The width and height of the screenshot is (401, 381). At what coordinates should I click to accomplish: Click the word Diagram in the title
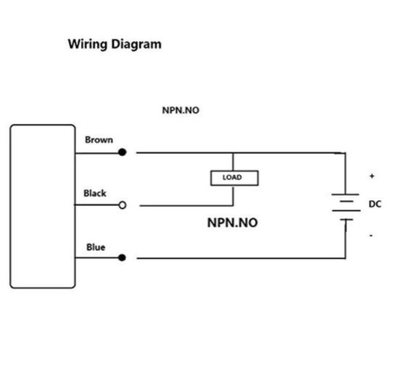(x=136, y=44)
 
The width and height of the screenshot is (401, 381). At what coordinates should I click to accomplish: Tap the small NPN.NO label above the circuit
(x=180, y=111)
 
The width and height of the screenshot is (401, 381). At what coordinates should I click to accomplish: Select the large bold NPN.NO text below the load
(x=232, y=223)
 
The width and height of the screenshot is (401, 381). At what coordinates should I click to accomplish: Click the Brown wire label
(x=99, y=140)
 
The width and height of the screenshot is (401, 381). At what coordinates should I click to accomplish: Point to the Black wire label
(x=95, y=193)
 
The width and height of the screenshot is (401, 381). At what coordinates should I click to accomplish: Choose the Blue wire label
(x=96, y=247)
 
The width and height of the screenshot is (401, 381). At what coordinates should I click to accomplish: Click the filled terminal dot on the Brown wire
(x=122, y=152)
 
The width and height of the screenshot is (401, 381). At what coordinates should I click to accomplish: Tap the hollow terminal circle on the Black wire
(x=122, y=205)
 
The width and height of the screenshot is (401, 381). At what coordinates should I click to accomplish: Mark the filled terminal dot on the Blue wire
(x=122, y=258)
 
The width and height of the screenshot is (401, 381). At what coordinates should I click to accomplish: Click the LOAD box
(x=233, y=178)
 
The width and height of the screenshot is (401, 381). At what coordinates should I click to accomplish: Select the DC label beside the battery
(x=374, y=205)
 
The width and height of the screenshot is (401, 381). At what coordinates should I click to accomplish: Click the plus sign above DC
(x=372, y=176)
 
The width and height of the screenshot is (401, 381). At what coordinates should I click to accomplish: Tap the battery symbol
(x=345, y=206)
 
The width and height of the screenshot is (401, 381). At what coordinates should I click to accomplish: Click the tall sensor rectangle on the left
(x=42, y=206)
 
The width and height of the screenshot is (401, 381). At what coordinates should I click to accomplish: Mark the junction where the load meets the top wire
(x=233, y=153)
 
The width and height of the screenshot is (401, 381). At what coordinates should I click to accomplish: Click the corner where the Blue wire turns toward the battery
(x=345, y=258)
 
